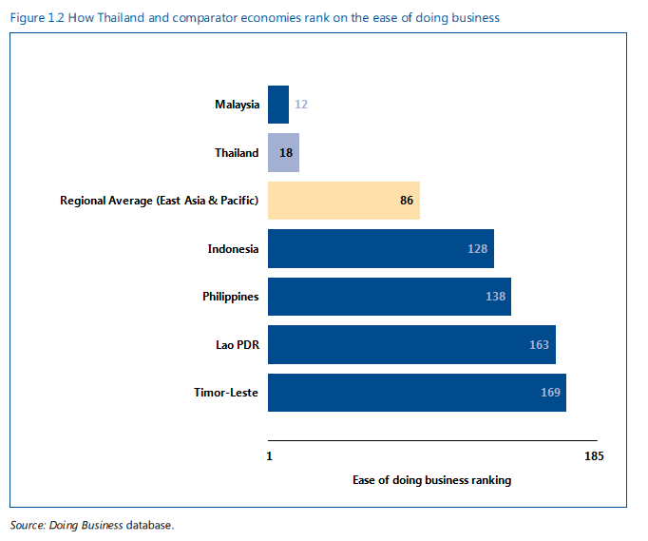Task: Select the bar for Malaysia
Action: (x=278, y=105)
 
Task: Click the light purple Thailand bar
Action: (x=283, y=153)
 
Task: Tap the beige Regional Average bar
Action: (x=343, y=201)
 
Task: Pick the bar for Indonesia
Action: (x=380, y=249)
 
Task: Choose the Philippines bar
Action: (x=389, y=297)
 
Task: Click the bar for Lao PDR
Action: (x=410, y=344)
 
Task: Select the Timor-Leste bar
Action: (x=416, y=392)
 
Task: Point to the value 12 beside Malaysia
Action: (x=301, y=105)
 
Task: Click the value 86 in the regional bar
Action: (x=407, y=201)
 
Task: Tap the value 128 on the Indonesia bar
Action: (x=477, y=249)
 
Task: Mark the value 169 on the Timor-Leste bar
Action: (x=550, y=392)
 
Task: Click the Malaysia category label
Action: (x=237, y=105)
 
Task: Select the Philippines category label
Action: (x=230, y=297)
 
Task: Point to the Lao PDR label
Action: (x=237, y=344)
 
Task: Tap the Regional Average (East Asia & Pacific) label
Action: (x=159, y=201)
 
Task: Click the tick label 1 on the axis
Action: (x=270, y=456)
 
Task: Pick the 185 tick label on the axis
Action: (x=594, y=456)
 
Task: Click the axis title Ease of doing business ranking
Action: (x=431, y=480)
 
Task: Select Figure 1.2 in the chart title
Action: (x=35, y=17)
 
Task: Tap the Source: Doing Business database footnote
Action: (x=92, y=525)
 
